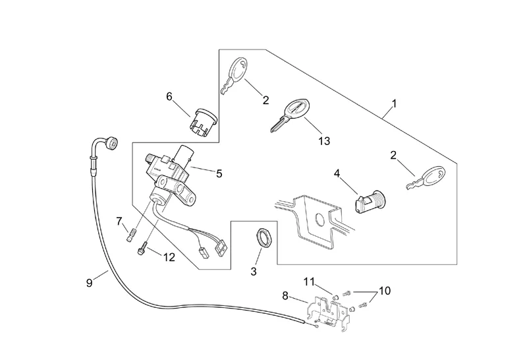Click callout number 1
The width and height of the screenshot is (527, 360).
pyautogui.click(x=394, y=104)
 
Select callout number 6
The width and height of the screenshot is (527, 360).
pyautogui.click(x=169, y=97)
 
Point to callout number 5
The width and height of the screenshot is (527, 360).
pyautogui.click(x=219, y=173)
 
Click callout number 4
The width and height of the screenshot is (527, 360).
pyautogui.click(x=337, y=173)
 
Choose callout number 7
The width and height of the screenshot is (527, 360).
pyautogui.click(x=119, y=220)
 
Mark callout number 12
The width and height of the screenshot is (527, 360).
pyautogui.click(x=169, y=257)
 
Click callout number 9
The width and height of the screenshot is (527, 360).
pyautogui.click(x=90, y=284)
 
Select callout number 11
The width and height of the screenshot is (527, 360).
pyautogui.click(x=310, y=282)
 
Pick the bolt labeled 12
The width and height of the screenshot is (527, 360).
pyautogui.click(x=142, y=250)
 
